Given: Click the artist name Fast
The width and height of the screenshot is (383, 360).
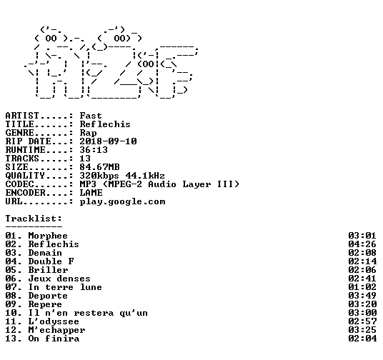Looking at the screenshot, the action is coord(91,116).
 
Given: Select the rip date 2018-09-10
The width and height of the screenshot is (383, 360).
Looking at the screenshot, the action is coord(108,141).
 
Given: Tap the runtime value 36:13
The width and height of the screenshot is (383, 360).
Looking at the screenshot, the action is coord(94,150).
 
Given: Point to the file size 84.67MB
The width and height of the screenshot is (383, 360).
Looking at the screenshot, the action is coord(99,167).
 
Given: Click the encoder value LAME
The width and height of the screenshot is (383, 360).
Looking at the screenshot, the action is coord(91,193).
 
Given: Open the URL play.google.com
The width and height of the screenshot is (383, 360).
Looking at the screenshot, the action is coord(123,201).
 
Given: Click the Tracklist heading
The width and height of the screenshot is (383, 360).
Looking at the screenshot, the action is coord(34,219).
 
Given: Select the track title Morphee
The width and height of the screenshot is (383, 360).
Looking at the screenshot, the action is coord(48,236).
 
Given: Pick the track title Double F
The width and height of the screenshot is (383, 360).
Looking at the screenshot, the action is coord(51,261).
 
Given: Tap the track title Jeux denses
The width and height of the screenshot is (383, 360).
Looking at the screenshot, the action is coord(59,279).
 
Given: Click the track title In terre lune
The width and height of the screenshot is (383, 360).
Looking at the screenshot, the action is coord(65,287).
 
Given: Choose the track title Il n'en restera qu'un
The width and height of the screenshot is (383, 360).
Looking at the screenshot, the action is coord(88,313).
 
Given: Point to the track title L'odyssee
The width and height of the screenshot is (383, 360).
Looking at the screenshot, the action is coord(54,321).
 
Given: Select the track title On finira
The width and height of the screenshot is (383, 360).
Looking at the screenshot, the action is coord(54,339).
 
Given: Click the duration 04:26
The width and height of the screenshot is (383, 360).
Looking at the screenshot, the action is coord(362,244).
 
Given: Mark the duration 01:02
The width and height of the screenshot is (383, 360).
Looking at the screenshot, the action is coord(362,287).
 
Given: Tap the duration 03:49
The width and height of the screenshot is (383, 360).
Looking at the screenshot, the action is coord(362,296).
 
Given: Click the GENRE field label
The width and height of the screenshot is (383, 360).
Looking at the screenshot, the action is coord(19,133).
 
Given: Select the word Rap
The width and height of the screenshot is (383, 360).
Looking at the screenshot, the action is coord(88,133).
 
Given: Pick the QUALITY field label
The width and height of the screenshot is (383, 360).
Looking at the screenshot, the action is coord(25,176).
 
